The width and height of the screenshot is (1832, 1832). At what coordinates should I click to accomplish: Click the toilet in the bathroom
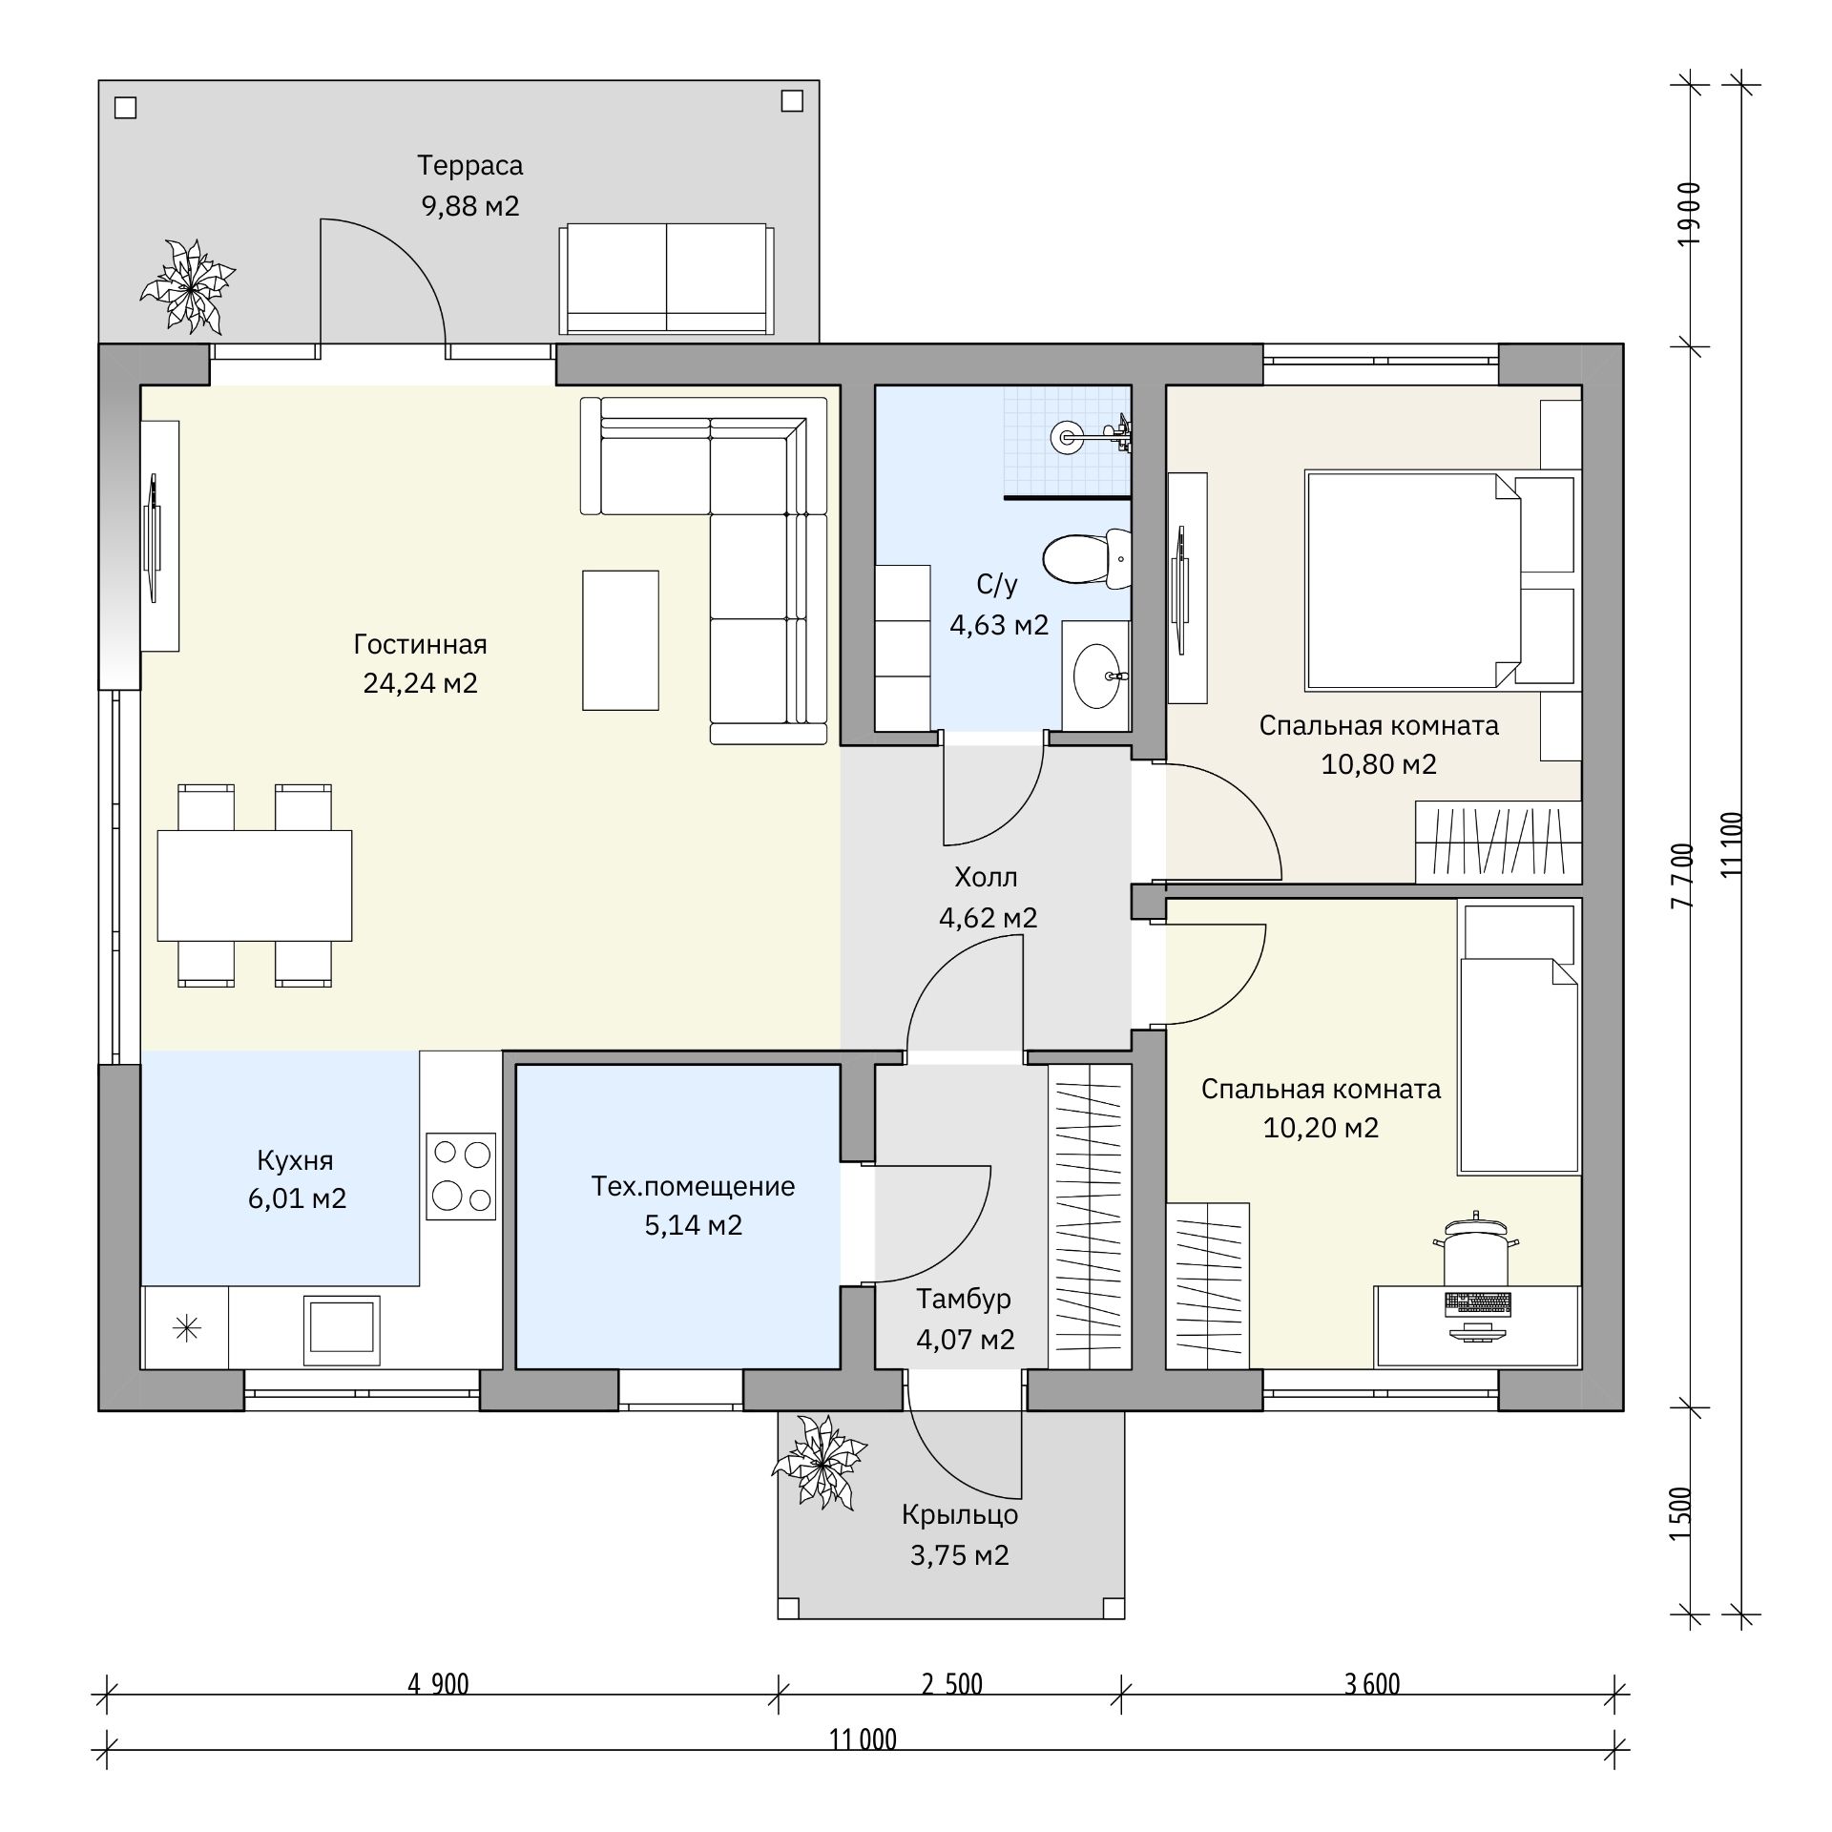(x=1087, y=559)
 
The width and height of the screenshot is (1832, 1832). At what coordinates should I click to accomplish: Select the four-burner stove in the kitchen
(x=461, y=1176)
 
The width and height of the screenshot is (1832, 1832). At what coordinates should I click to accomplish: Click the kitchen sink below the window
(x=342, y=1330)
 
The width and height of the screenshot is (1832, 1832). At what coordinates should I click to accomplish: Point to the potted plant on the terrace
(x=188, y=286)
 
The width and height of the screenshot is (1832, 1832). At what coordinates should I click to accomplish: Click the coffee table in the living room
(x=620, y=640)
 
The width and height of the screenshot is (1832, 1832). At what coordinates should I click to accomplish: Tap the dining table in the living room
(x=255, y=885)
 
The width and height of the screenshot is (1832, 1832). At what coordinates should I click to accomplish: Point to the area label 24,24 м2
(x=420, y=683)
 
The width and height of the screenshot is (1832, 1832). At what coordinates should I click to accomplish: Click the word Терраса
(x=469, y=166)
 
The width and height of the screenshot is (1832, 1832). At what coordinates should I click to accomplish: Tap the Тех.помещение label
(x=693, y=1186)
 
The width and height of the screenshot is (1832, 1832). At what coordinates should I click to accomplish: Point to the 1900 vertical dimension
(x=1689, y=214)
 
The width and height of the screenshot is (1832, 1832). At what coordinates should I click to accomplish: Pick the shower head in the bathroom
(x=1065, y=437)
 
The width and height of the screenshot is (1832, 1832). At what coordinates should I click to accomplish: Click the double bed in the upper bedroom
(x=1440, y=580)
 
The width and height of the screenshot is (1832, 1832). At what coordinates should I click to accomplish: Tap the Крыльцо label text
(x=960, y=1515)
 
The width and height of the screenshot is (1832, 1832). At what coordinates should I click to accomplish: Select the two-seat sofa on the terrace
(x=666, y=279)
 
